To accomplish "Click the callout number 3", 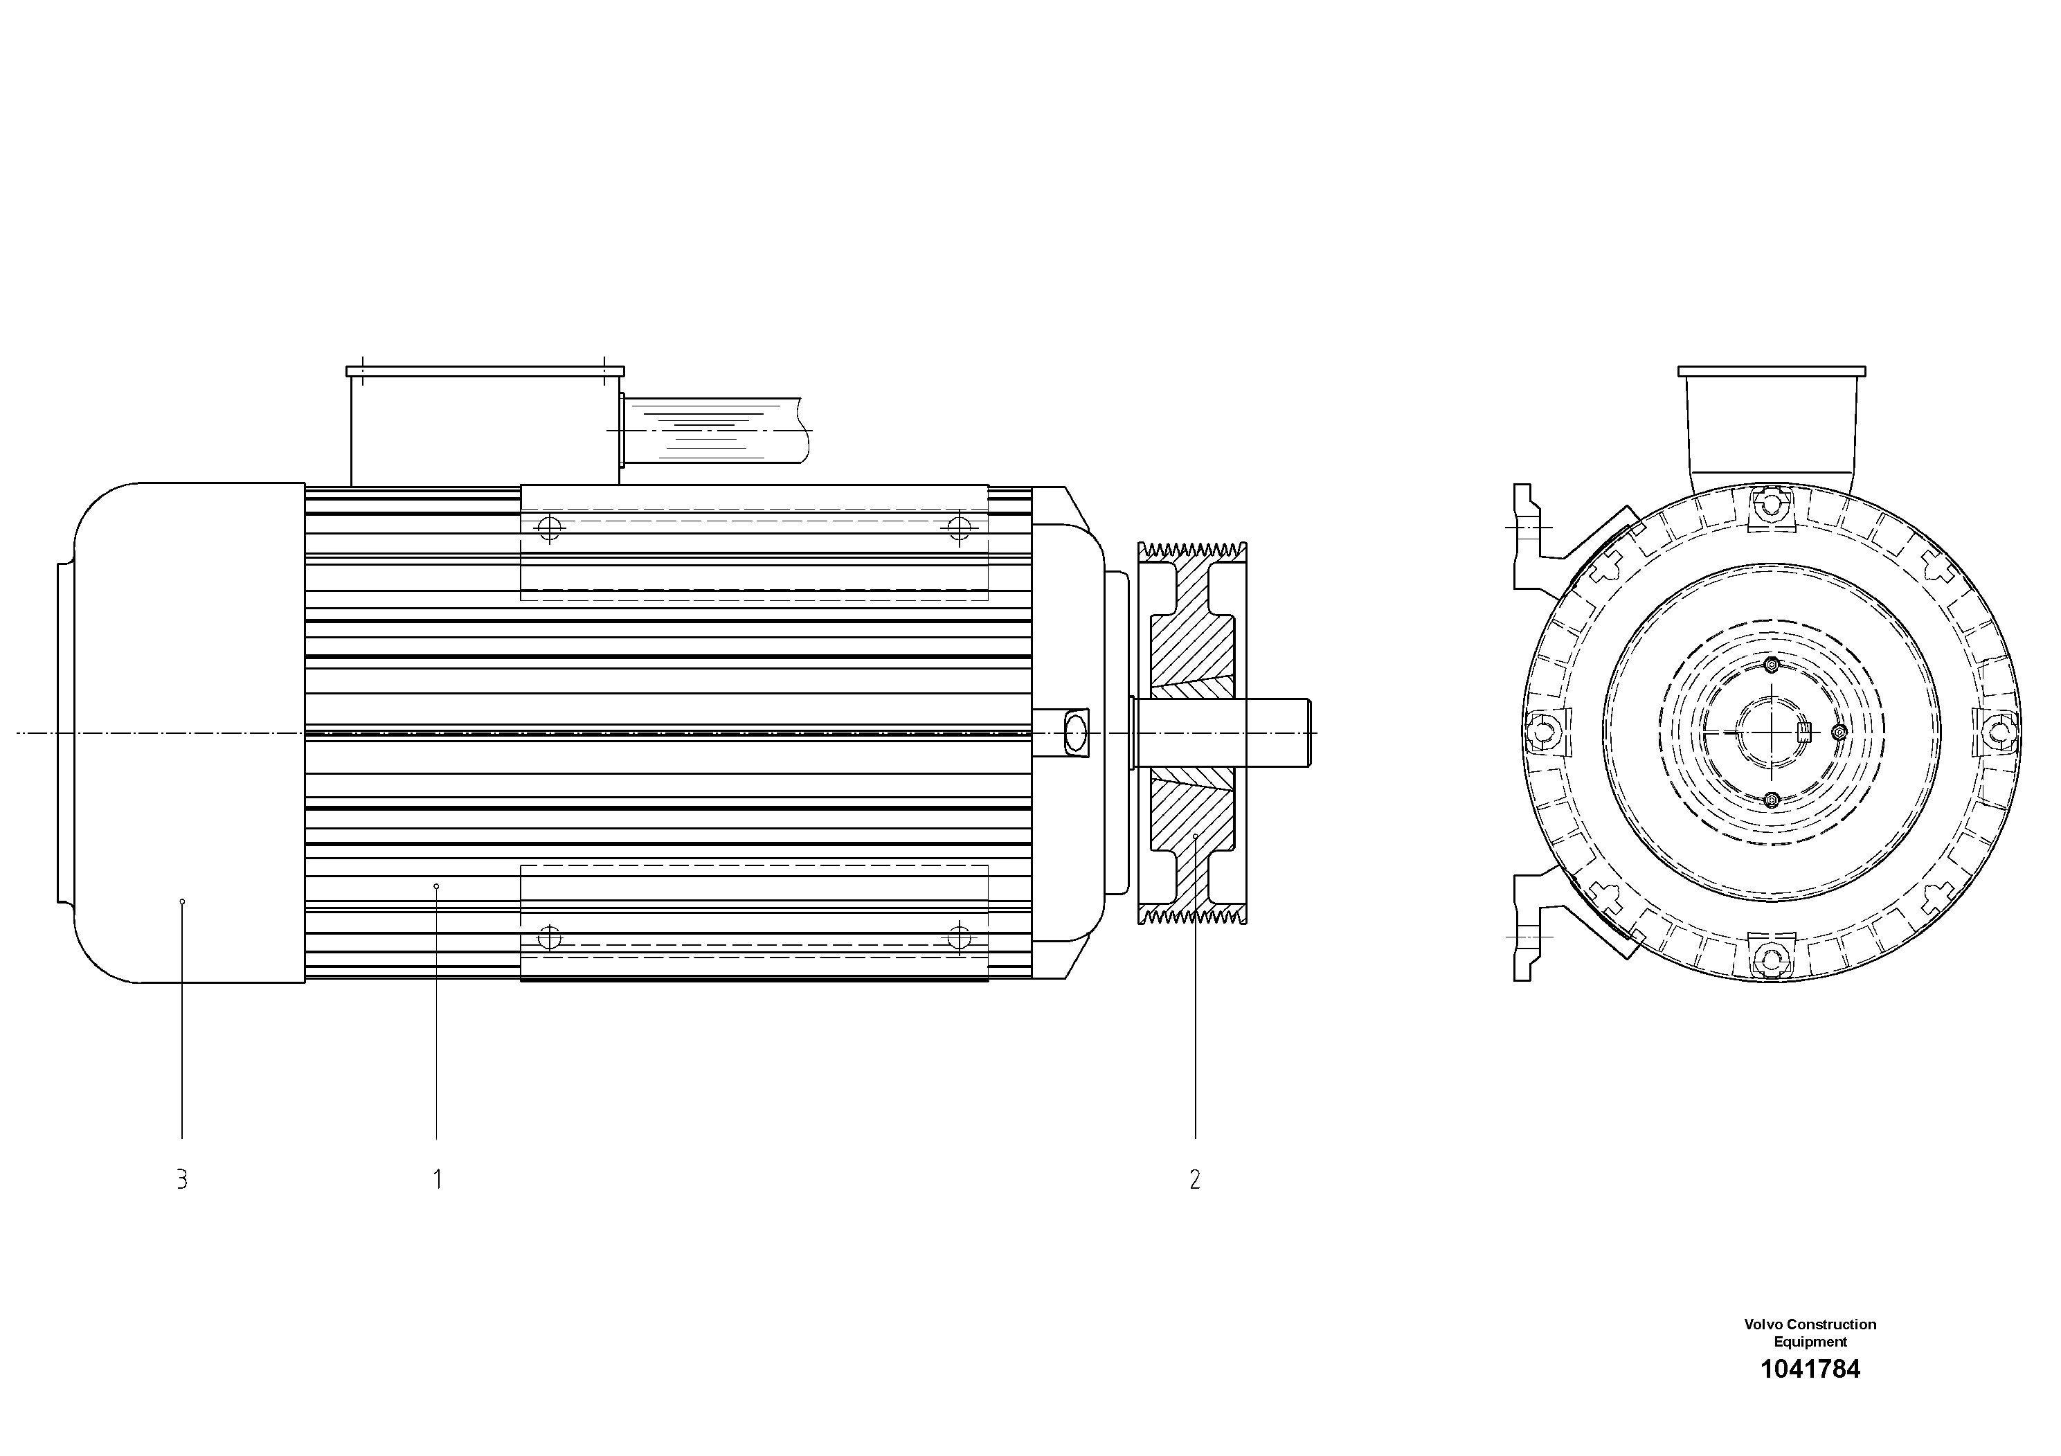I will [x=182, y=1180].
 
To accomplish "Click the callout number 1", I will [x=437, y=1180].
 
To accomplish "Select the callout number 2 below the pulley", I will [x=1195, y=1180].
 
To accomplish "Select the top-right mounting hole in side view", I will [x=960, y=528].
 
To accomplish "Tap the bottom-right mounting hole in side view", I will [x=960, y=938].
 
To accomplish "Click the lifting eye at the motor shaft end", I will [x=1074, y=732].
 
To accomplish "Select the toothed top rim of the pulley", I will [x=1192, y=549].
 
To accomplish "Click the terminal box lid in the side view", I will [x=485, y=370].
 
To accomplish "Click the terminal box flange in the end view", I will [x=1771, y=370].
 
